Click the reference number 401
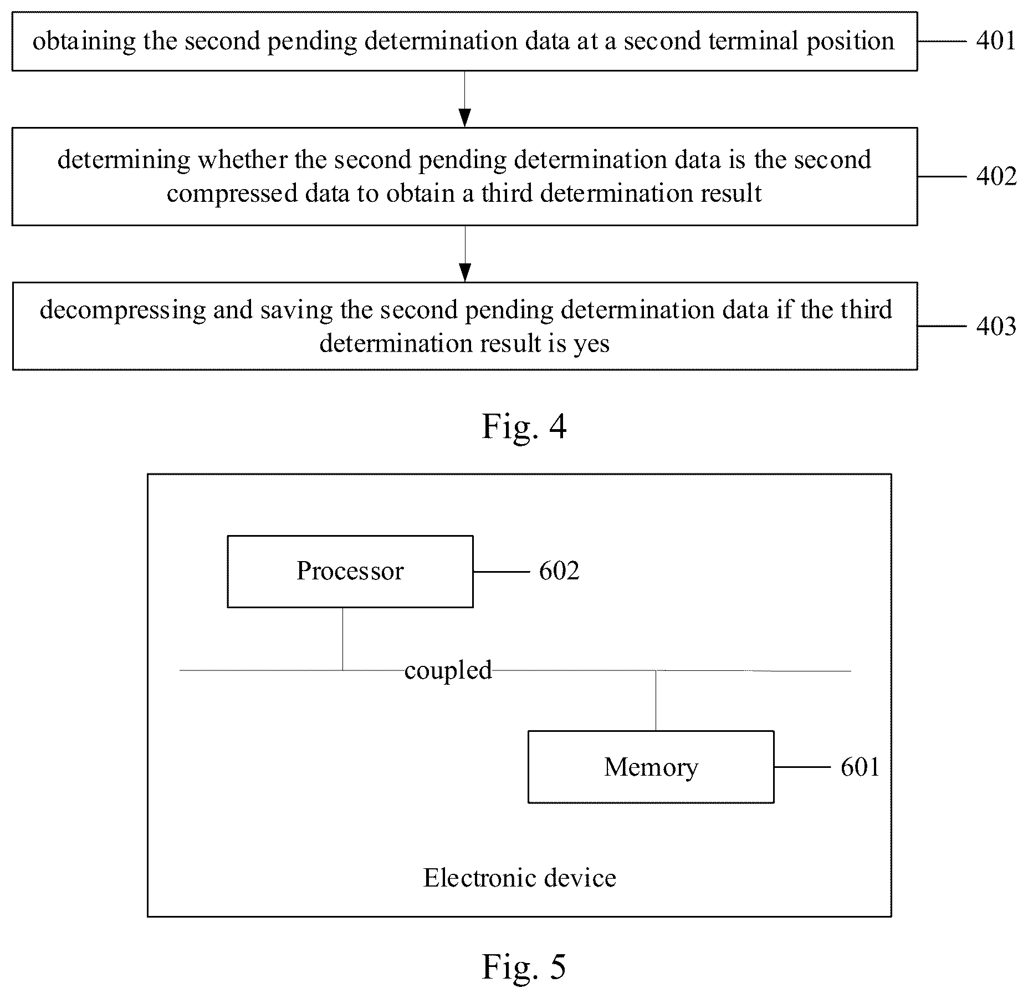(996, 41)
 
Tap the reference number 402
(996, 176)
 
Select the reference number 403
(996, 326)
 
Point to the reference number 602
(559, 571)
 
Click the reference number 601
(860, 767)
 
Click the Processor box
(350, 572)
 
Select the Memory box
(651, 767)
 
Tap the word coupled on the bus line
(448, 671)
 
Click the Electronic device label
(520, 878)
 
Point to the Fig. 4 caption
(524, 427)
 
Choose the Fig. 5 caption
(524, 967)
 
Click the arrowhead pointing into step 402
(465, 118)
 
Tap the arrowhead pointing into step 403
(465, 273)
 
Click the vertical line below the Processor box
(342, 639)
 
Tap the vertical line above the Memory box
(656, 701)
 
